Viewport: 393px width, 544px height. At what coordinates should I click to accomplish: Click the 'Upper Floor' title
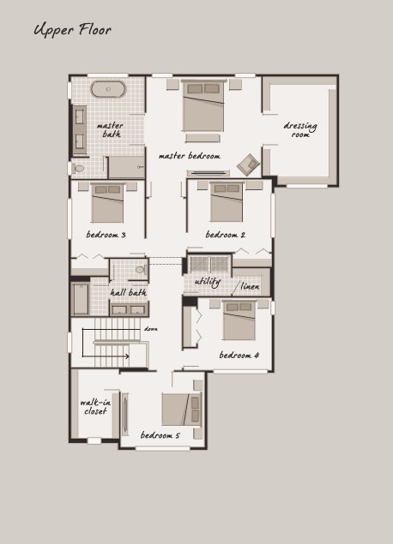73,30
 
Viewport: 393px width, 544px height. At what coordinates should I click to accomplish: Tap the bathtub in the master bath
108,89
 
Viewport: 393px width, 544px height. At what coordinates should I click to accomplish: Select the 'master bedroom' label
190,156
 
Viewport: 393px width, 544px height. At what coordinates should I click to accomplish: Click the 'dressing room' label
300,129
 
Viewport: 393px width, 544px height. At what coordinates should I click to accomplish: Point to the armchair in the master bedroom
248,164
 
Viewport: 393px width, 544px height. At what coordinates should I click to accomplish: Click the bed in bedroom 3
108,203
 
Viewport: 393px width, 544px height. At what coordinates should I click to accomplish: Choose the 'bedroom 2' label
226,235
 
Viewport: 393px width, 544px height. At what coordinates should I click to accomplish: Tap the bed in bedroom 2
227,202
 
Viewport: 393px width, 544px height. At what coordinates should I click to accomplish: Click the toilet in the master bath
78,169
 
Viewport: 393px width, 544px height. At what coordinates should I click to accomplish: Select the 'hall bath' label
129,292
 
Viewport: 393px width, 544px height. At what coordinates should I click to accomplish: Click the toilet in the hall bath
141,269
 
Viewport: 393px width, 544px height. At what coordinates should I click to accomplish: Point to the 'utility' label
208,281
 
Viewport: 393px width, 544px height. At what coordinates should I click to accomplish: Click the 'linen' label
250,286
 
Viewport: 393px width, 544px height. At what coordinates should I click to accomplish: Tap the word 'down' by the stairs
151,329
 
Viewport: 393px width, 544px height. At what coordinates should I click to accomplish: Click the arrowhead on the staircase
127,356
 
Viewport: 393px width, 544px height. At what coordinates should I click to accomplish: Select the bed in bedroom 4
239,320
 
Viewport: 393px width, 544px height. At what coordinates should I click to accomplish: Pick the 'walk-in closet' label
95,407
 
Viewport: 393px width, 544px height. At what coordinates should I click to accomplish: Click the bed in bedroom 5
182,409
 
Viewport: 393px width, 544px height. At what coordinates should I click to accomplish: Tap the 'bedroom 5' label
160,435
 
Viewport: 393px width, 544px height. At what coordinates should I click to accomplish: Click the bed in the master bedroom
203,106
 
